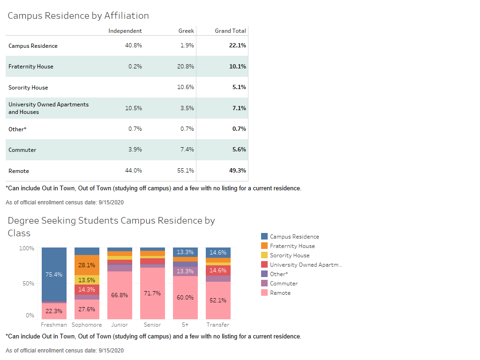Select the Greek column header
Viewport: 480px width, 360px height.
[x=186, y=31]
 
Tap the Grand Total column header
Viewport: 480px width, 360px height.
[x=230, y=31]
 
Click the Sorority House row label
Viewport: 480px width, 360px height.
[x=28, y=88]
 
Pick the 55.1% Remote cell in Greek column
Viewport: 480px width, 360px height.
[x=186, y=171]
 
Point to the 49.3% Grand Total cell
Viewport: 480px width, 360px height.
[x=237, y=171]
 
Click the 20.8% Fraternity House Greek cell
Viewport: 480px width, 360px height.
[x=186, y=67]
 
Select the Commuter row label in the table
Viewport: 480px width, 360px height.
[x=22, y=150]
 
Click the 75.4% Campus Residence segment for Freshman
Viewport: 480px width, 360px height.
[x=54, y=274]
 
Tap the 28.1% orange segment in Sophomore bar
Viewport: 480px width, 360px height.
[x=87, y=265]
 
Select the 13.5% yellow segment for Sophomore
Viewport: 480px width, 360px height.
[x=87, y=280]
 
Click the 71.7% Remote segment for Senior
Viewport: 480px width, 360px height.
[x=152, y=293]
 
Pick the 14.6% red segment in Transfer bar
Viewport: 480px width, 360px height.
[x=218, y=270]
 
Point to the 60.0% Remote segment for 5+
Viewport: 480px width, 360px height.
[x=185, y=297]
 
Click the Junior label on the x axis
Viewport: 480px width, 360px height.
[x=120, y=325]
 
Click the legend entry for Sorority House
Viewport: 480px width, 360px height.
[x=289, y=255]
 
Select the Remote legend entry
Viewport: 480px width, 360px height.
[x=280, y=293]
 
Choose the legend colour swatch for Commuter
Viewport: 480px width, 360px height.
[x=264, y=284]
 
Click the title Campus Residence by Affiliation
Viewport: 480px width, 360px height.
[x=78, y=15]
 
